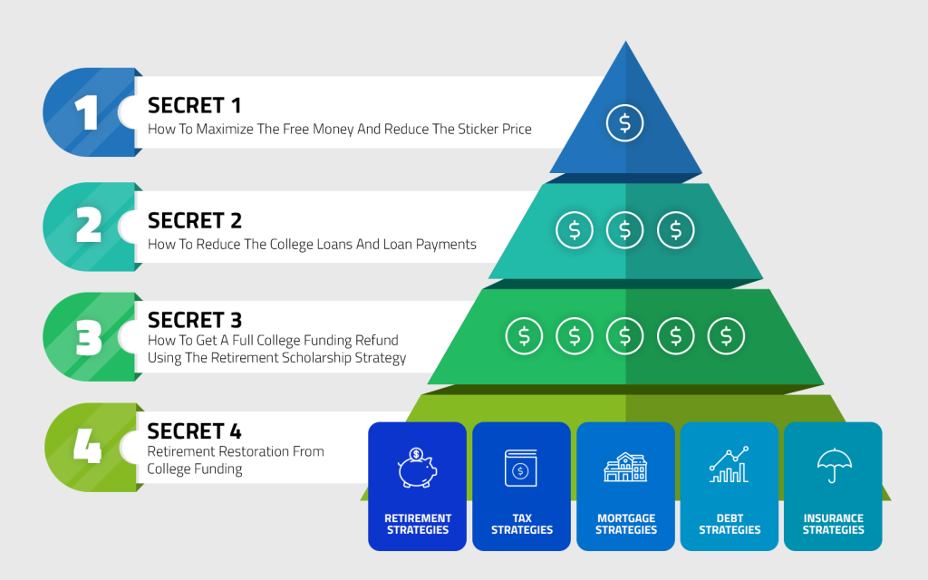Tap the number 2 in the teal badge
(x=88, y=226)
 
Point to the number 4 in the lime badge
(x=87, y=448)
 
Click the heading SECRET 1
(x=195, y=105)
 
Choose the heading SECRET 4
(x=195, y=431)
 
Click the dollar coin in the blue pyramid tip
(x=624, y=123)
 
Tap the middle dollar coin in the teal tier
(x=624, y=230)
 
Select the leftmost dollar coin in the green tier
(x=524, y=336)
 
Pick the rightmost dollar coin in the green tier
(x=726, y=336)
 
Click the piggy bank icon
(x=417, y=468)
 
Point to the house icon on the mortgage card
(x=625, y=468)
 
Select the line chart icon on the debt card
(x=729, y=465)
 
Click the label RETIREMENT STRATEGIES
(x=418, y=524)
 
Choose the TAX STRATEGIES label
(x=521, y=524)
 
